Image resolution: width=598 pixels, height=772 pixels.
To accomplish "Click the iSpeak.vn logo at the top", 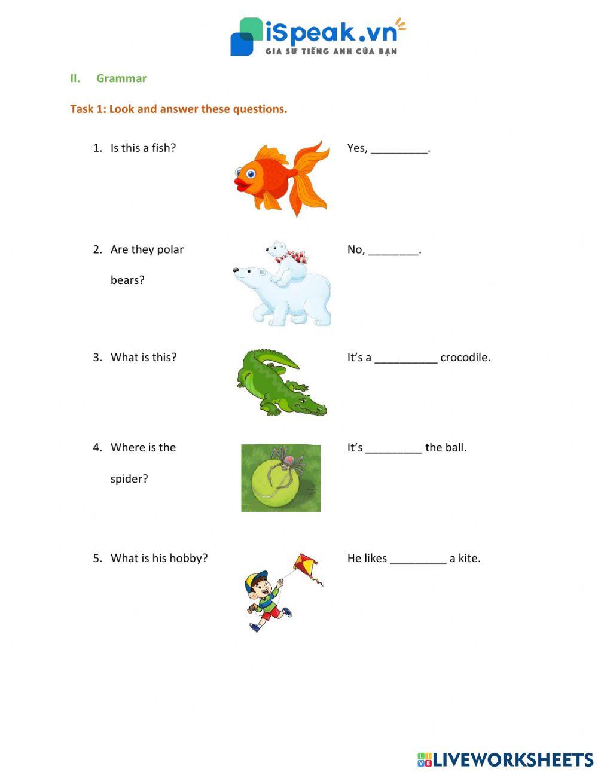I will coord(318,36).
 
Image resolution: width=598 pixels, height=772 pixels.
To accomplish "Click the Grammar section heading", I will coord(121,78).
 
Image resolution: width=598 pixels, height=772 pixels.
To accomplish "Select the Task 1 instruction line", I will coord(178,109).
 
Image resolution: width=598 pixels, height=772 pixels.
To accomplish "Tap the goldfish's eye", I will coord(251,174).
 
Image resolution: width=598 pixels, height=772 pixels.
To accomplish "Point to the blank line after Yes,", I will coord(399,149).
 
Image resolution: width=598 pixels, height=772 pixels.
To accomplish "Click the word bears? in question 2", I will coord(127,280).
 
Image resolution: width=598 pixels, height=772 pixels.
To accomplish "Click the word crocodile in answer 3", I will coord(465,358).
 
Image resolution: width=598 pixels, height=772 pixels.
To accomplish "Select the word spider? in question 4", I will coord(129,478).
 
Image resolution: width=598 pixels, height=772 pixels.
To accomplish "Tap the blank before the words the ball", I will coord(393,449).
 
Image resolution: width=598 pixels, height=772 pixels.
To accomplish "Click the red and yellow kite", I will coord(306,566).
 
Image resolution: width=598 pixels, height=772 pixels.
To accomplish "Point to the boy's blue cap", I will coord(258,578).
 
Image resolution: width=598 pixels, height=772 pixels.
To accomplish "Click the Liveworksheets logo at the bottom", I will coord(505,759).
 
